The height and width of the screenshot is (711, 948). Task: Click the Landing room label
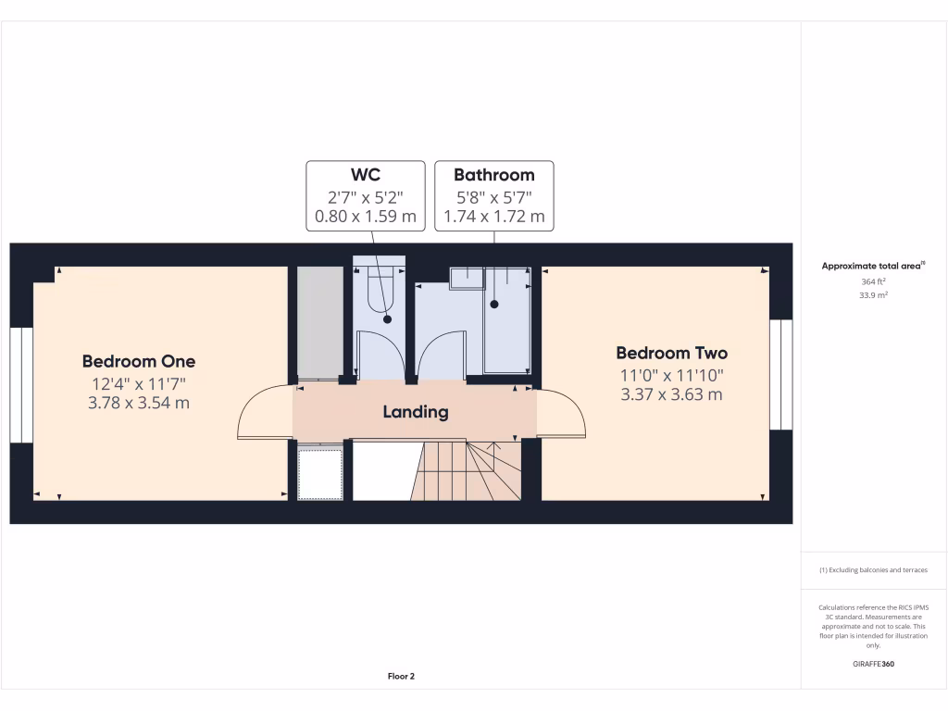pos(416,412)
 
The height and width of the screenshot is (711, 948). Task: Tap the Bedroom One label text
pos(139,361)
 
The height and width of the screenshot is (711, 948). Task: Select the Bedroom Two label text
pos(672,353)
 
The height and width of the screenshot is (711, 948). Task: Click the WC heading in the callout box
pos(365,175)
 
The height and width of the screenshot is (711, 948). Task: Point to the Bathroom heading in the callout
pos(493,175)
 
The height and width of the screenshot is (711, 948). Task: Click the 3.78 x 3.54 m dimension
pos(139,403)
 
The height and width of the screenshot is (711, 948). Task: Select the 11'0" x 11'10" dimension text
pos(672,375)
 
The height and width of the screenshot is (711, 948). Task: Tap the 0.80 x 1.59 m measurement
pos(365,218)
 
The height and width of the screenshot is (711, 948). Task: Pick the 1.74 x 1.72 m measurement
pos(493,218)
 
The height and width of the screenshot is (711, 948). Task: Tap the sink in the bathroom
pos(467,278)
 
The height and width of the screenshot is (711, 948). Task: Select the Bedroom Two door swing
pos(561,413)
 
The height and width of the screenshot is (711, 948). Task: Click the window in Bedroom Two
pos(781,375)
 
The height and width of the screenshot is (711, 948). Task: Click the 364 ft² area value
pos(873,281)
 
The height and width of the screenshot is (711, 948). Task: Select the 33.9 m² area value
pos(873,295)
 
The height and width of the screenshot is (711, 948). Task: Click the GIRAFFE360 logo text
pos(873,664)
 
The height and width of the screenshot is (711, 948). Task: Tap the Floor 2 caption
pos(401,677)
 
